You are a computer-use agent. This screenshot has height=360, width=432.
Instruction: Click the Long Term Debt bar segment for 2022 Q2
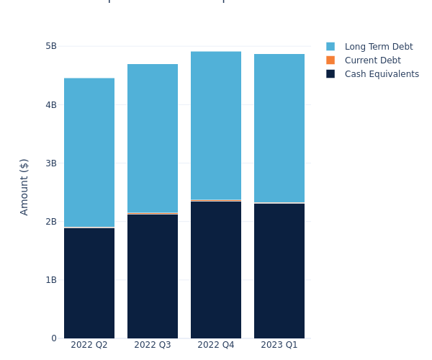click(89, 153)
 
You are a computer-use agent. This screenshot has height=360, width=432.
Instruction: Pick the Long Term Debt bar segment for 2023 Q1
click(279, 128)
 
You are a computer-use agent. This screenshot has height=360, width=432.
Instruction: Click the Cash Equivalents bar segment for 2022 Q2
click(89, 283)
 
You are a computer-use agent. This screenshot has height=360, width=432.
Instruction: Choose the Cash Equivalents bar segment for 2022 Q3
click(153, 276)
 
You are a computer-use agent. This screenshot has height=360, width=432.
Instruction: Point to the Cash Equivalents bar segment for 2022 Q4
click(216, 270)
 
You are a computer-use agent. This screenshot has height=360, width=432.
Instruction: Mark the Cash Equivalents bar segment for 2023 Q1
click(279, 271)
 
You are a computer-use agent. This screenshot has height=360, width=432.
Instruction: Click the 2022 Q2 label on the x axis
click(89, 345)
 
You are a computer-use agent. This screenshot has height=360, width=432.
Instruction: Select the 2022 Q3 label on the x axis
click(153, 345)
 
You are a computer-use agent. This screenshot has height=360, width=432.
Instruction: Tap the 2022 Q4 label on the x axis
click(216, 345)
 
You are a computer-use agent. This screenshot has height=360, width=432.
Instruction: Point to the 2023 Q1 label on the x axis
click(279, 345)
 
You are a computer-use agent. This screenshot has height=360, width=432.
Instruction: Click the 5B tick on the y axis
click(50, 46)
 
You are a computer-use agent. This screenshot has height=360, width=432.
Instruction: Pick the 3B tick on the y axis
click(50, 163)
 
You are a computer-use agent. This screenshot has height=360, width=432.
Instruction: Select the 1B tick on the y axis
click(50, 280)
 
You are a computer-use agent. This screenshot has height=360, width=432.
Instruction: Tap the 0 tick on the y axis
click(53, 338)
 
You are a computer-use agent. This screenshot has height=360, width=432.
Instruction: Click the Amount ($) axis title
click(24, 186)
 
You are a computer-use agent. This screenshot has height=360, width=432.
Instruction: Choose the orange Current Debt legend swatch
click(330, 60)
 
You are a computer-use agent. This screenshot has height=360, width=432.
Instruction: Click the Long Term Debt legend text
click(379, 47)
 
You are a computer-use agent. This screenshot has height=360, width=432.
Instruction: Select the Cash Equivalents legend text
click(382, 74)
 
